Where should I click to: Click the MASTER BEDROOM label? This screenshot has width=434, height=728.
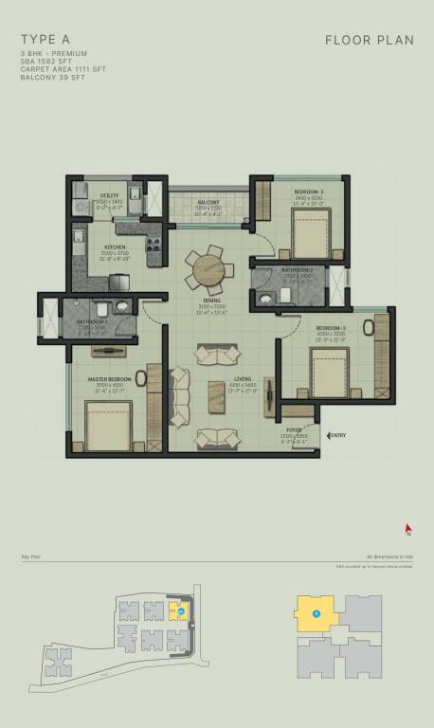[107, 379]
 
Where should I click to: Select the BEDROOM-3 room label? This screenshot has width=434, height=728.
[309, 191]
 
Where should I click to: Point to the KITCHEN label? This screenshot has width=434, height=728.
[116, 247]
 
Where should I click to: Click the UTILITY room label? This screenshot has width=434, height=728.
[109, 195]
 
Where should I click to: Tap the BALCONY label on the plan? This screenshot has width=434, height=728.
[208, 202]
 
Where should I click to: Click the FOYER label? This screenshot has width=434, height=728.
[295, 429]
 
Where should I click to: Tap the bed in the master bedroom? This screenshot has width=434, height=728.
[105, 426]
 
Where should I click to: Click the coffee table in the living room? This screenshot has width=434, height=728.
[220, 392]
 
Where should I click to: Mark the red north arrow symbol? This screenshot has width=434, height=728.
[407, 530]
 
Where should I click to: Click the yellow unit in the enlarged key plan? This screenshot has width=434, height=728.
[316, 613]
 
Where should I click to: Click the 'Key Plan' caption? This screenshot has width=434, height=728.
[29, 556]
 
